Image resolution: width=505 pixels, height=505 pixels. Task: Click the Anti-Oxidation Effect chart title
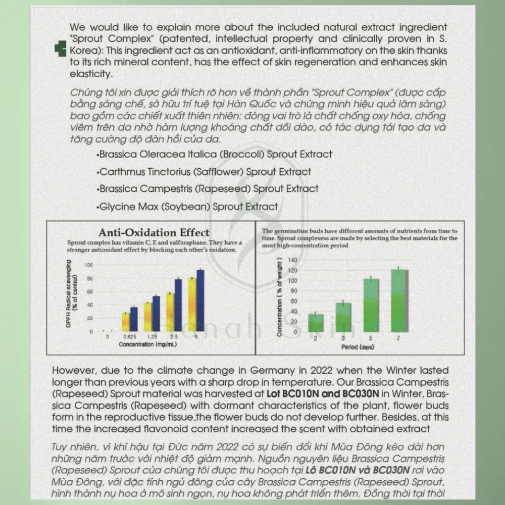point(154,233)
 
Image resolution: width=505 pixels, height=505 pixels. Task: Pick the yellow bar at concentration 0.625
point(126,322)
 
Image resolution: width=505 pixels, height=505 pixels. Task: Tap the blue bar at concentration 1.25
point(156,313)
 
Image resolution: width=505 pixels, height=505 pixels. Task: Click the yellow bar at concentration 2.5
point(170,312)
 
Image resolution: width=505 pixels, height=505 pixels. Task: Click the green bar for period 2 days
point(316,323)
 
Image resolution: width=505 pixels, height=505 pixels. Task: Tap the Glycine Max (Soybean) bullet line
point(187,207)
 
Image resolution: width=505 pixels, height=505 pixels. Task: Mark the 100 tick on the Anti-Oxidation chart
point(89,265)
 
